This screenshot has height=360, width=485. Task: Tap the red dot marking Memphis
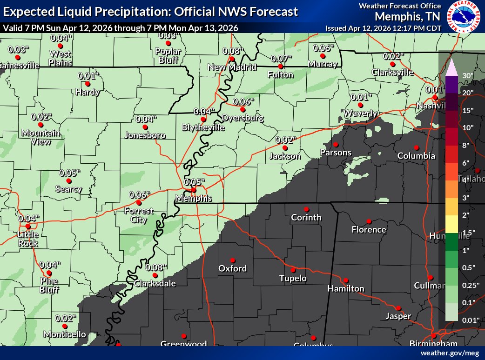193,190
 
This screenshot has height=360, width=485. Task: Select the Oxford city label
232,268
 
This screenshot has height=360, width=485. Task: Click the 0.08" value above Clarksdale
156,267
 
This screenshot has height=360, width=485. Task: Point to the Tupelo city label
293,278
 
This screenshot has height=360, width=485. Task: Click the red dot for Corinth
306,209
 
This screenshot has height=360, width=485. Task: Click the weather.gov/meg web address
450,353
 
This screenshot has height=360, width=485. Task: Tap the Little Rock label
28,239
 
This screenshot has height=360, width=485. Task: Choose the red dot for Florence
369,221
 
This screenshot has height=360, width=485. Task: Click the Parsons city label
335,153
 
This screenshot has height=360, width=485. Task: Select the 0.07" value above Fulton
281,58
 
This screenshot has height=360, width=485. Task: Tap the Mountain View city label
41,137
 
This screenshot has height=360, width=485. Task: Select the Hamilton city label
345,288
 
